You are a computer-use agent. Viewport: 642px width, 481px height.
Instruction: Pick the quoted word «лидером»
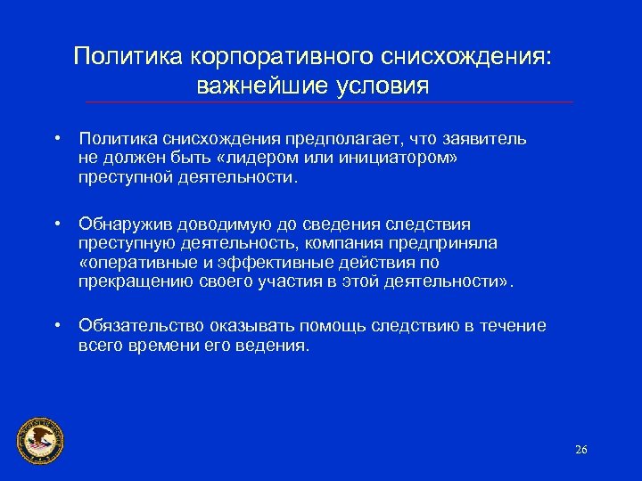238,159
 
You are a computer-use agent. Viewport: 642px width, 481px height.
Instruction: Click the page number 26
581,449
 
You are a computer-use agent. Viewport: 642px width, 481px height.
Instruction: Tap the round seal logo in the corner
40,439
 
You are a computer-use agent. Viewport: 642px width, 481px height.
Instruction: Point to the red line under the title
329,102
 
